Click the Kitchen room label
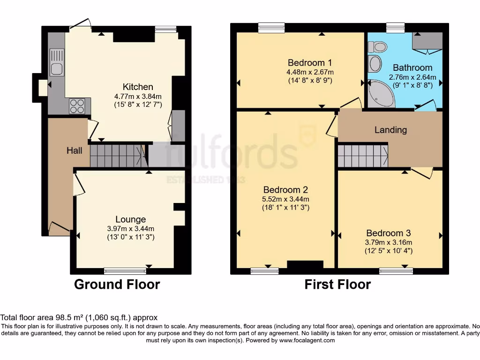[138, 87]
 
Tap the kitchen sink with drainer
[57, 62]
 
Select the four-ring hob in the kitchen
[77, 106]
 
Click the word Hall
[75, 150]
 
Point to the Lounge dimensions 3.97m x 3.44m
[131, 229]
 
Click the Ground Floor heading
[117, 285]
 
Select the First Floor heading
[337, 285]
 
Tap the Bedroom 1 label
[310, 63]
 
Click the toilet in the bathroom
[377, 47]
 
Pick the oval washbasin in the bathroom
[375, 64]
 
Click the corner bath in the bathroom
[381, 93]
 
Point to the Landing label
[390, 130]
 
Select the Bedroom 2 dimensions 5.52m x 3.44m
[285, 199]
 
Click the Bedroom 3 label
[389, 233]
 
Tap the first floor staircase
[363, 156]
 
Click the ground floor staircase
[118, 156]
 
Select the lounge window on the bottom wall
[125, 270]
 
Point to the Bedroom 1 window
[271, 28]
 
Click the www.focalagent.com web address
[307, 340]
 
